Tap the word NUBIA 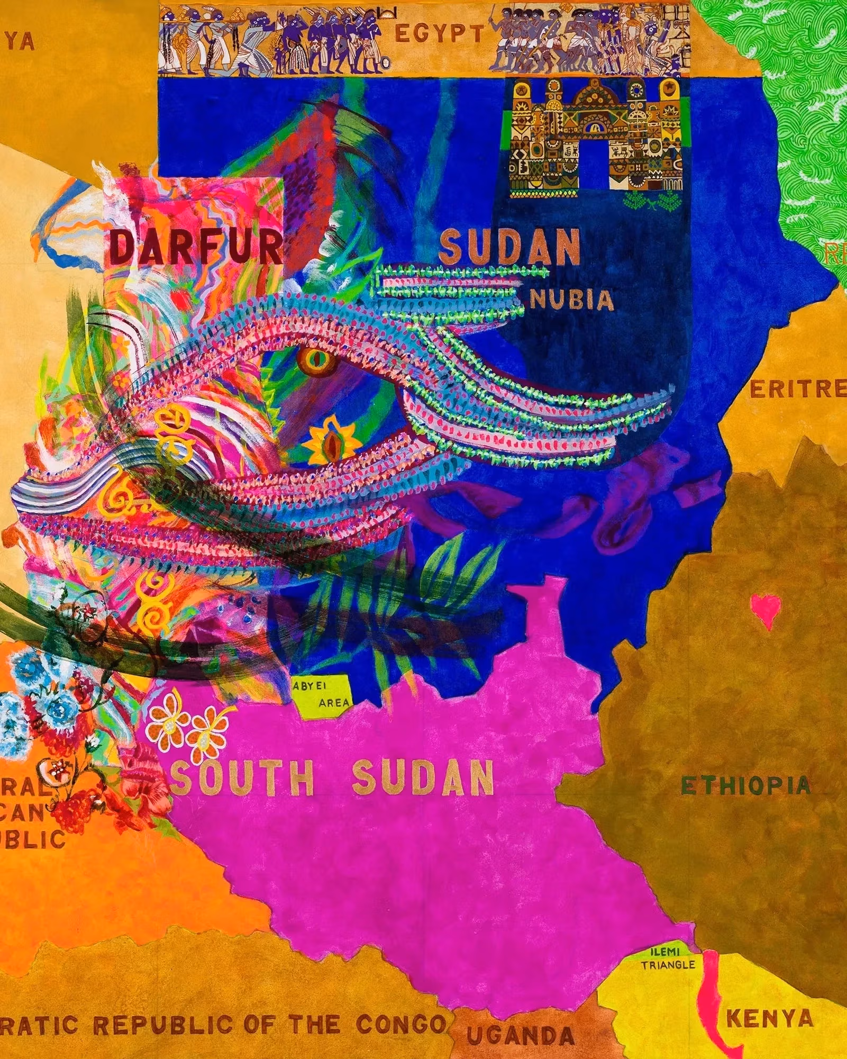(x=572, y=301)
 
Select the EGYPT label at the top (x=439, y=35)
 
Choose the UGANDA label (x=521, y=1035)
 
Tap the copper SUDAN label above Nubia (x=509, y=247)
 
